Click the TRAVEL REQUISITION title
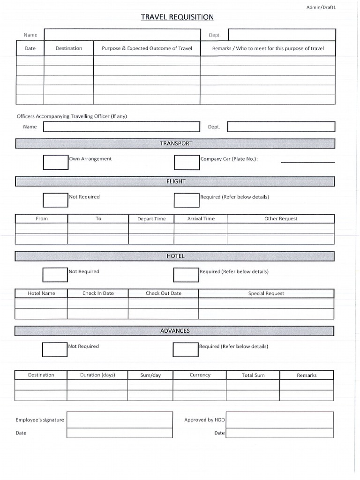pos(177,17)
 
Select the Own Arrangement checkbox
pos(56,162)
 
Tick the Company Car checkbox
pos(187,162)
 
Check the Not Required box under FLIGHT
pos(56,200)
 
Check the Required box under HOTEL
pos(186,275)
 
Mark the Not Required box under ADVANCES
pos(55,349)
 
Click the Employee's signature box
pos(120,420)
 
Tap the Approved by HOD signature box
pos(280,420)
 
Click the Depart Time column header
pos(151,219)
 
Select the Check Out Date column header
pos(163,293)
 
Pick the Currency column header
pos(200,375)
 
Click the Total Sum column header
pos(253,375)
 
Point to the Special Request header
pos(266,293)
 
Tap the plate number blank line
pos(308,162)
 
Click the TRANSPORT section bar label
pos(176,143)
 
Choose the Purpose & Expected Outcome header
pos(147,48)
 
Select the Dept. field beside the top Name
pos(282,35)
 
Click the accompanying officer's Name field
pos(121,127)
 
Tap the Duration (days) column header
pos(97,375)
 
